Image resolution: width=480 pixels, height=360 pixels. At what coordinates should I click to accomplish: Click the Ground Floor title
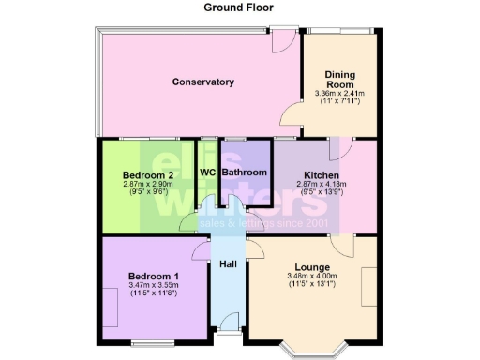coord(238,7)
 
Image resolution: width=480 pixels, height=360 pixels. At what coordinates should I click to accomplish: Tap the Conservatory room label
coord(202,82)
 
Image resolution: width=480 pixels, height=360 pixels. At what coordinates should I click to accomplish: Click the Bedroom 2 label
coord(148,175)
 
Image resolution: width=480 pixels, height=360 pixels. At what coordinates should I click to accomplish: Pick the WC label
coord(208,172)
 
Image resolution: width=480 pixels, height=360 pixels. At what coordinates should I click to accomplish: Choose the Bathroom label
coord(245,172)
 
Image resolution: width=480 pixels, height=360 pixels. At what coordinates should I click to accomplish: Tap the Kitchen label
coord(322,175)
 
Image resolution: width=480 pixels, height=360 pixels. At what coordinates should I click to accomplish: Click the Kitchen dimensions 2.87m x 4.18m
coord(322,186)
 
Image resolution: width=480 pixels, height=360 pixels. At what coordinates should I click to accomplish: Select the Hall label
coord(228,264)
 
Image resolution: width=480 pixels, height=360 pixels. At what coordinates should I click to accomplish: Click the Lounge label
coord(311,265)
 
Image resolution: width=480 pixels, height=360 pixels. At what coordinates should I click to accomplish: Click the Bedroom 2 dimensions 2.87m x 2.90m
coord(148,186)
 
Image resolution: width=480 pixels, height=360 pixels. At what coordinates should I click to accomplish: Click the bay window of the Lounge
coord(314,349)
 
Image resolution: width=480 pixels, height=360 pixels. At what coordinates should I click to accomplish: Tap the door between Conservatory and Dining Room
coord(292,116)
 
